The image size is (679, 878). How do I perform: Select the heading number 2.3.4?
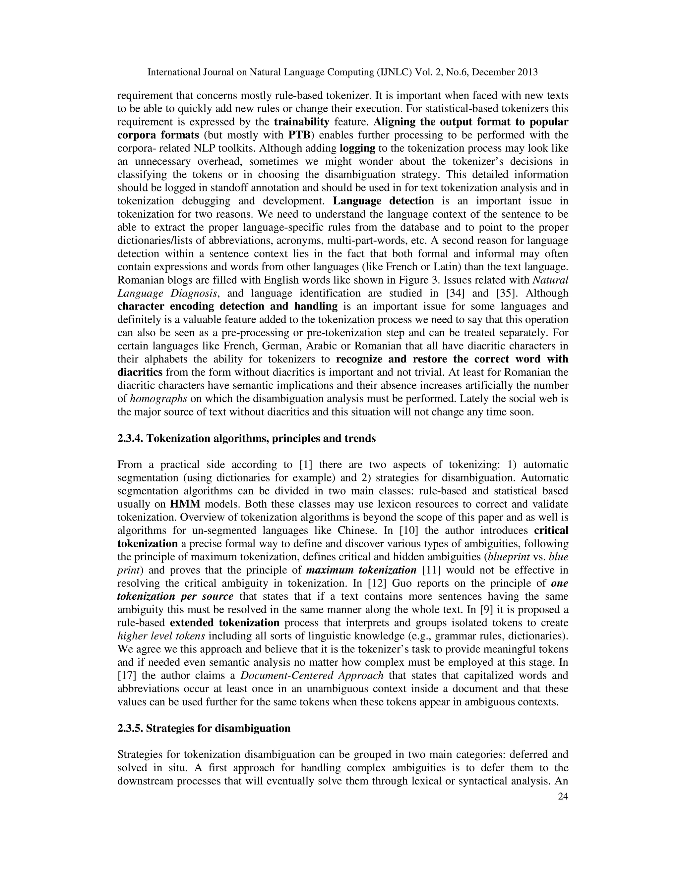(x=130, y=438)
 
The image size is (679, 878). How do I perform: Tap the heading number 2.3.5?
(x=130, y=728)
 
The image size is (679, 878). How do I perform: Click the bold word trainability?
(x=301, y=122)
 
